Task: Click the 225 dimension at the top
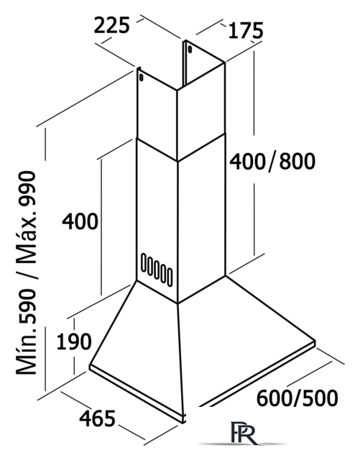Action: (x=111, y=25)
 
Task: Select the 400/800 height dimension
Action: (x=272, y=161)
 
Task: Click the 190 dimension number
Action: (x=73, y=341)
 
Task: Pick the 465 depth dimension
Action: (x=97, y=418)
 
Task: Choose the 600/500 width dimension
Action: (x=297, y=398)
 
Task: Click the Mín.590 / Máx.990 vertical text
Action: (x=27, y=273)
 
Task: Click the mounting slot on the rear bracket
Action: (x=190, y=50)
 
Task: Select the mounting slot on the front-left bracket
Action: (x=142, y=78)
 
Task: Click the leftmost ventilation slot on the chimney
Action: (x=144, y=262)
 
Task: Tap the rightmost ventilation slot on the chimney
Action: (x=170, y=276)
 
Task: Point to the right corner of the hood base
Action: (x=315, y=341)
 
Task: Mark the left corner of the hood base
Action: (x=90, y=366)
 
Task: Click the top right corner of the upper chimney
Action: (x=225, y=62)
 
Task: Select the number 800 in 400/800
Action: (x=297, y=161)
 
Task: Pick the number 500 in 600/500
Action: (x=320, y=398)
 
